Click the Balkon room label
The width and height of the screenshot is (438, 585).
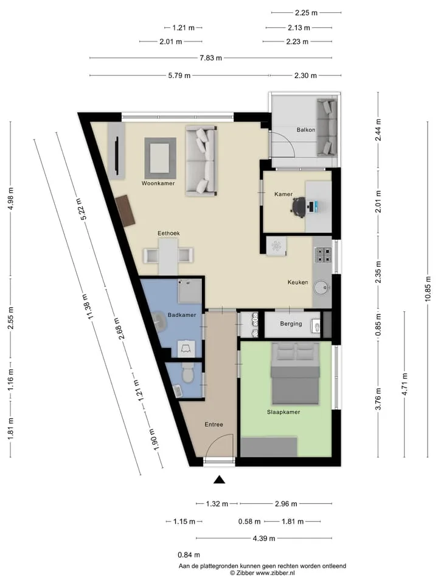pyautogui.click(x=306, y=130)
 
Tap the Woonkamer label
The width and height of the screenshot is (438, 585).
pyautogui.click(x=158, y=183)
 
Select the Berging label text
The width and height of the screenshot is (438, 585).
pyautogui.click(x=291, y=324)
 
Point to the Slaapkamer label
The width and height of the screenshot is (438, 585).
pyautogui.click(x=283, y=412)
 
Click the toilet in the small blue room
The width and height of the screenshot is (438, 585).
pyautogui.click(x=187, y=374)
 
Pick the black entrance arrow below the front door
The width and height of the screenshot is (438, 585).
pyautogui.click(x=219, y=480)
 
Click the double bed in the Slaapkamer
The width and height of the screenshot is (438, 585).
pyautogui.click(x=296, y=374)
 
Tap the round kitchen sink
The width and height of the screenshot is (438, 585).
pyautogui.click(x=321, y=288)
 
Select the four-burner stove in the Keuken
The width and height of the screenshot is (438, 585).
pyautogui.click(x=323, y=255)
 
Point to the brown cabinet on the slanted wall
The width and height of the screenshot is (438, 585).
pyautogui.click(x=125, y=211)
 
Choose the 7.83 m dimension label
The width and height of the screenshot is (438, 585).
pyautogui.click(x=211, y=58)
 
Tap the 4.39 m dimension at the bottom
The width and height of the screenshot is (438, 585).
pyautogui.click(x=263, y=538)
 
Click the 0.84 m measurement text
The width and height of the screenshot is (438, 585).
pyautogui.click(x=189, y=555)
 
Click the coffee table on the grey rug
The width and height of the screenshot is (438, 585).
pyautogui.click(x=160, y=158)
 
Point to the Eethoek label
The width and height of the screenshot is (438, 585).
pyautogui.click(x=169, y=233)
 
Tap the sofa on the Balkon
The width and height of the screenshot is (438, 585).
pyautogui.click(x=327, y=127)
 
